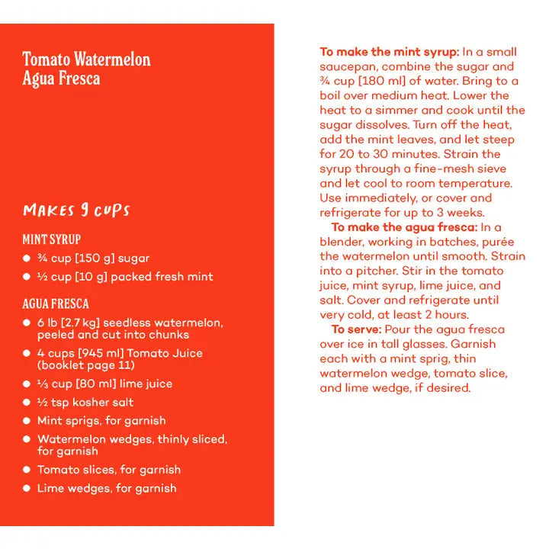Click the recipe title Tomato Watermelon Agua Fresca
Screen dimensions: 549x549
pyautogui.click(x=86, y=69)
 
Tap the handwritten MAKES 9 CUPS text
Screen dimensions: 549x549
pyautogui.click(x=76, y=210)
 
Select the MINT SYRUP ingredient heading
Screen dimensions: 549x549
pyautogui.click(x=52, y=239)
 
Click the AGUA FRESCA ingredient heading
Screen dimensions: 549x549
pyautogui.click(x=56, y=303)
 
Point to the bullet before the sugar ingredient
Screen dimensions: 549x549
pyautogui.click(x=27, y=258)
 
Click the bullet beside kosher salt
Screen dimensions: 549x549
pyautogui.click(x=27, y=403)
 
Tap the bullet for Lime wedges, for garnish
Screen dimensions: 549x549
pyautogui.click(x=27, y=489)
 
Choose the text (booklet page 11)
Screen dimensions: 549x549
pyautogui.click(x=86, y=365)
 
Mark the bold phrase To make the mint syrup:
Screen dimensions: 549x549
pyautogui.click(x=389, y=52)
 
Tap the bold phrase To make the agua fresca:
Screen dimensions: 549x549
pyautogui.click(x=404, y=227)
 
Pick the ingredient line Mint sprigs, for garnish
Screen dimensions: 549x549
pyautogui.click(x=101, y=421)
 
